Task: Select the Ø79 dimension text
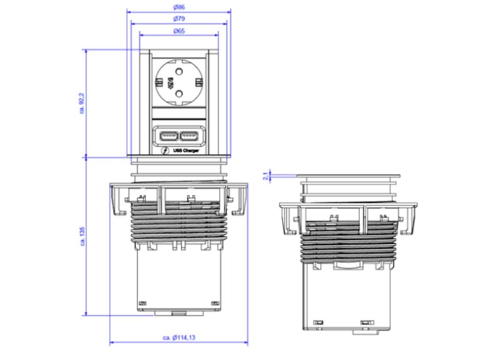[x=179, y=19]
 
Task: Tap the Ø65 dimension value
[x=179, y=31]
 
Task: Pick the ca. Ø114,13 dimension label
[x=179, y=337]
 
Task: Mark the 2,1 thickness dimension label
[x=266, y=176]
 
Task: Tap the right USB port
[x=189, y=136]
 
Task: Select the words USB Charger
[x=186, y=150]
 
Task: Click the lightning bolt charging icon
[x=165, y=151]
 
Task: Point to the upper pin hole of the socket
[x=179, y=72]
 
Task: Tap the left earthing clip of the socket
[x=158, y=83]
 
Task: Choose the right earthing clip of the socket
[x=199, y=83]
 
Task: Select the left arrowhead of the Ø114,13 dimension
[x=112, y=343]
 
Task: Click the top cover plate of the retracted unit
[x=348, y=176]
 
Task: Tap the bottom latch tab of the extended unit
[x=179, y=312]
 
